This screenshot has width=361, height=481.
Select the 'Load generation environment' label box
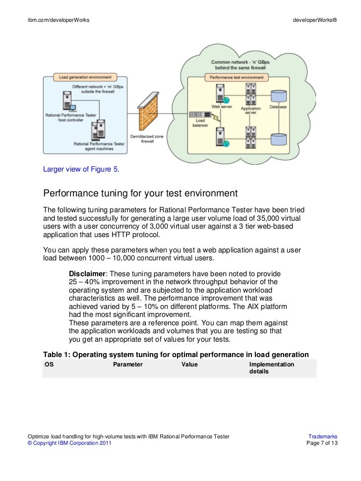(x=85, y=77)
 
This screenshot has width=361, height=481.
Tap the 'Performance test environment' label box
(x=237, y=77)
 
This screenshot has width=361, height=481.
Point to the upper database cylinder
(x=278, y=97)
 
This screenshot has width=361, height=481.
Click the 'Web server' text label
(x=222, y=106)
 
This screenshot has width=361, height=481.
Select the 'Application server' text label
(x=250, y=111)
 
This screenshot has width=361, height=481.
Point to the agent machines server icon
(x=99, y=130)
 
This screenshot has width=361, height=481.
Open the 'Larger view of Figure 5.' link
(x=81, y=170)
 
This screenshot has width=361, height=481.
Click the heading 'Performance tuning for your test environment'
(x=141, y=193)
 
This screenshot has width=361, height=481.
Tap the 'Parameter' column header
(x=128, y=364)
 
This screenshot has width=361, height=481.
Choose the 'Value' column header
(x=189, y=364)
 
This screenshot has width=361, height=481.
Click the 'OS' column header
(x=49, y=364)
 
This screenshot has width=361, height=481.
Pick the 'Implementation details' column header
(x=271, y=367)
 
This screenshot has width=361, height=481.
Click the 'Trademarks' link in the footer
(x=323, y=436)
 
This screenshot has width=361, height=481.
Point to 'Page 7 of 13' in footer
(x=322, y=443)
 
